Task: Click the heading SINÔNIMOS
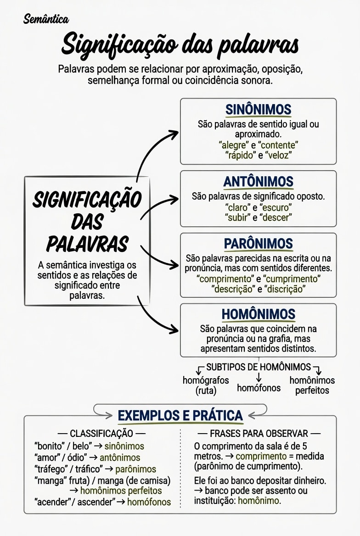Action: click(x=259, y=109)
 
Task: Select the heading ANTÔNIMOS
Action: click(x=259, y=182)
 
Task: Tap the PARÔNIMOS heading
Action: click(x=259, y=244)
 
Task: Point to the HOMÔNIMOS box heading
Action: click(x=259, y=314)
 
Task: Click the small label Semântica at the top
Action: click(x=46, y=19)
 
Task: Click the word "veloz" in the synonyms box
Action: click(x=278, y=155)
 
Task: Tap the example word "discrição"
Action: click(x=285, y=289)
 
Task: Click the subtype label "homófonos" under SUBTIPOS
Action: click(x=259, y=388)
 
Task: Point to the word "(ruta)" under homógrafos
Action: click(x=206, y=391)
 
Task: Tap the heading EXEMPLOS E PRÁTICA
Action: click(x=180, y=416)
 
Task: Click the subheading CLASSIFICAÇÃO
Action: click(x=101, y=434)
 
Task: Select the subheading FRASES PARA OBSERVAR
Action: click(x=259, y=434)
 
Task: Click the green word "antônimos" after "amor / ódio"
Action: click(x=120, y=458)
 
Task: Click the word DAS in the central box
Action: click(x=87, y=222)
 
